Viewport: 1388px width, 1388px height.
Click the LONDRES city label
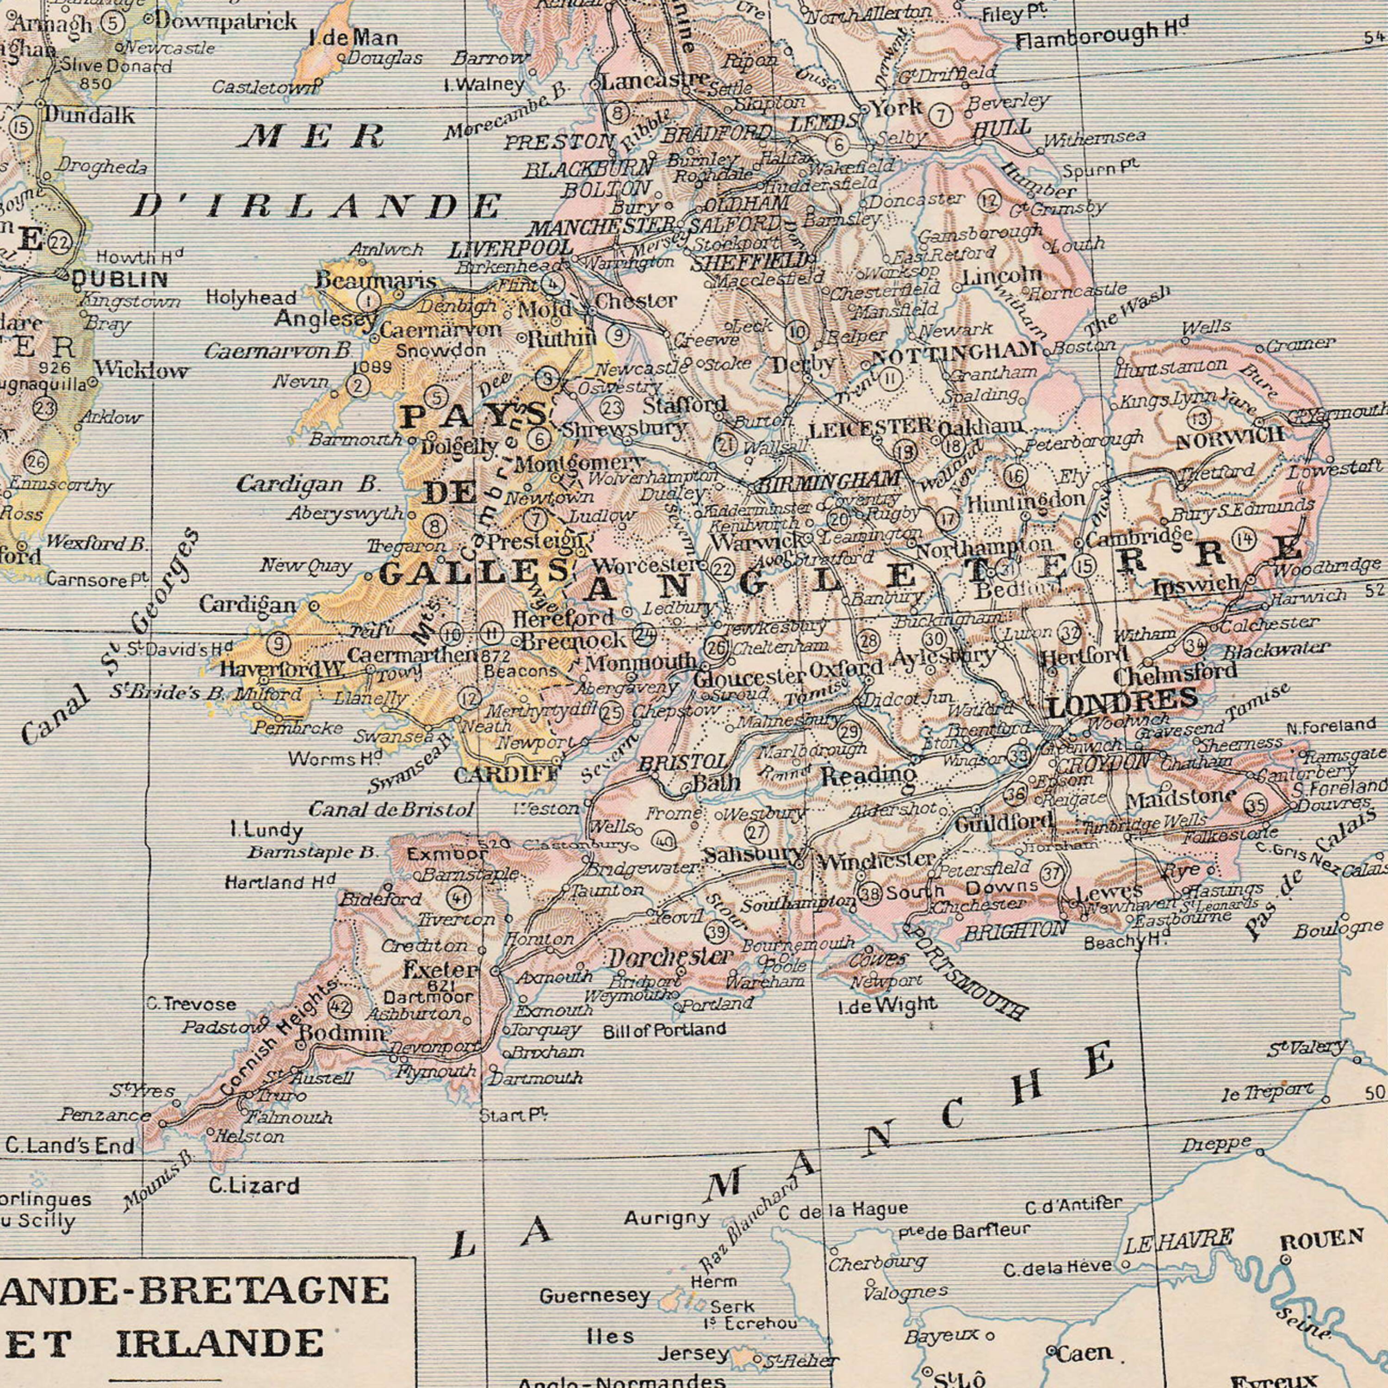pyautogui.click(x=1122, y=698)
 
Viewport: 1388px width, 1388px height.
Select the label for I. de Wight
pyautogui.click(x=888, y=1004)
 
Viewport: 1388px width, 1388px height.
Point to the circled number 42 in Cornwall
pyautogui.click(x=339, y=1006)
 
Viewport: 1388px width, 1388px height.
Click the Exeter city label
pyautogui.click(x=440, y=970)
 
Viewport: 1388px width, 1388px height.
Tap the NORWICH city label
pyautogui.click(x=1229, y=438)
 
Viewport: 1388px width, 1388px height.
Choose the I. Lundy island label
pyautogui.click(x=266, y=832)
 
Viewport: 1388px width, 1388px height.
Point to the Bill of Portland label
pyautogui.click(x=664, y=1030)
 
